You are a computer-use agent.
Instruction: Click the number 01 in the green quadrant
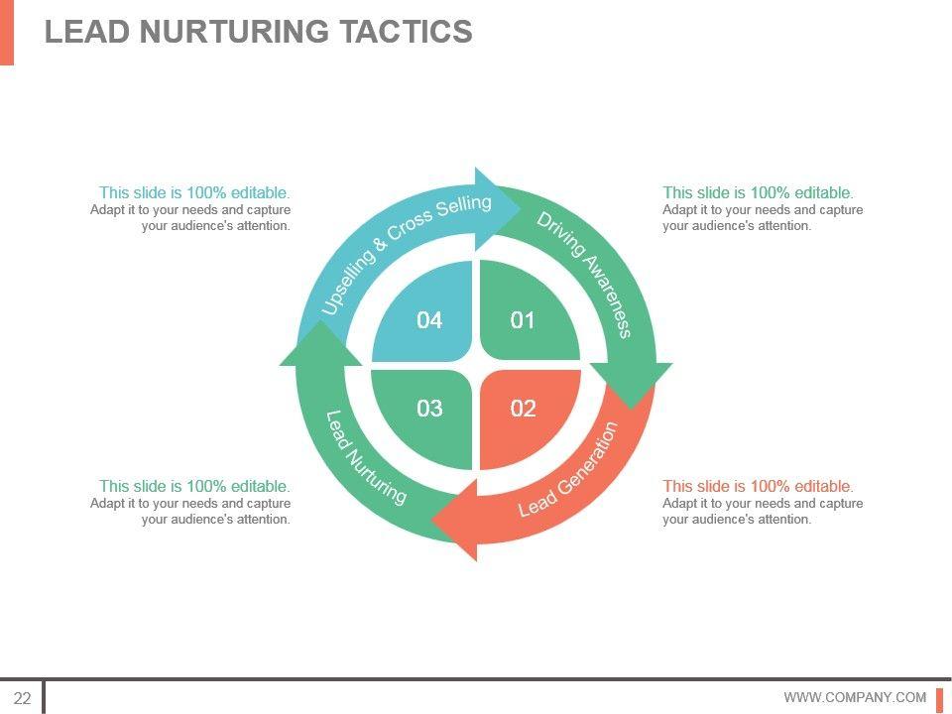coord(523,320)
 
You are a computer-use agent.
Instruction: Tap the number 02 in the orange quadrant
coord(523,409)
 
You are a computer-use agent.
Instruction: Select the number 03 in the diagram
coord(429,409)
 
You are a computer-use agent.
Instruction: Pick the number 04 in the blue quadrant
coord(429,320)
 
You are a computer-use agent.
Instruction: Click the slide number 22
coord(22,698)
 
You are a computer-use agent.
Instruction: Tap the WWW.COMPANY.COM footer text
coord(855,698)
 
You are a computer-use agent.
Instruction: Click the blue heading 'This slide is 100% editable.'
coord(194,192)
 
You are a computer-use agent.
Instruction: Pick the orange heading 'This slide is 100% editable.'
coord(758,486)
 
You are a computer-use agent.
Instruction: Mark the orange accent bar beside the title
coord(7,32)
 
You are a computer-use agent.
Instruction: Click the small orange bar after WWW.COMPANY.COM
coord(939,698)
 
